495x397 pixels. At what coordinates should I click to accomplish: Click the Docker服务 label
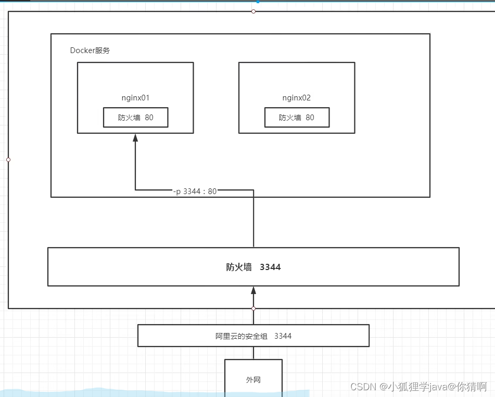pyautogui.click(x=90, y=50)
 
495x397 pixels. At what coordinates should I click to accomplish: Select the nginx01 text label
pyautogui.click(x=135, y=97)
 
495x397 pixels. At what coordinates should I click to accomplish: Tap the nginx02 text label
pyautogui.click(x=297, y=97)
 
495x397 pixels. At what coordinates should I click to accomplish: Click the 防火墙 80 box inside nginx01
pyautogui.click(x=135, y=118)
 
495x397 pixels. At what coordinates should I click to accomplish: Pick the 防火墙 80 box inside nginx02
pyautogui.click(x=297, y=118)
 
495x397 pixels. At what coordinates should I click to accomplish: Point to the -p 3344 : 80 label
pyautogui.click(x=195, y=191)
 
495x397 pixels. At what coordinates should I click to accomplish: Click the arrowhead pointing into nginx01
pyautogui.click(x=135, y=138)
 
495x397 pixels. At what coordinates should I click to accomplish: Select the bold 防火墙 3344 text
pyautogui.click(x=253, y=267)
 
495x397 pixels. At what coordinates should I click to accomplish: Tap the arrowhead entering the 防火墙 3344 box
pyautogui.click(x=253, y=290)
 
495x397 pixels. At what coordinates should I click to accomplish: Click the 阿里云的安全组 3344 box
pyautogui.click(x=253, y=336)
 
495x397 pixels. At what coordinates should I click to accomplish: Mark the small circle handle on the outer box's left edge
pyautogui.click(x=8, y=160)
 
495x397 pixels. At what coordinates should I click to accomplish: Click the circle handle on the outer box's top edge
pyautogui.click(x=253, y=11)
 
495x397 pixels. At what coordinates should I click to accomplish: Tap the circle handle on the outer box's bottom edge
pyautogui.click(x=253, y=309)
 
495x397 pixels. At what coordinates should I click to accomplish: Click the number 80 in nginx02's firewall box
pyautogui.click(x=310, y=118)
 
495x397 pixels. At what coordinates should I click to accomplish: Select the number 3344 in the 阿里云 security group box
pyautogui.click(x=283, y=336)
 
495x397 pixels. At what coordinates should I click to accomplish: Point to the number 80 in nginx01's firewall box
pyautogui.click(x=149, y=118)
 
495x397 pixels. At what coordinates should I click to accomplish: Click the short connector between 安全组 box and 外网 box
pyautogui.click(x=253, y=353)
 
